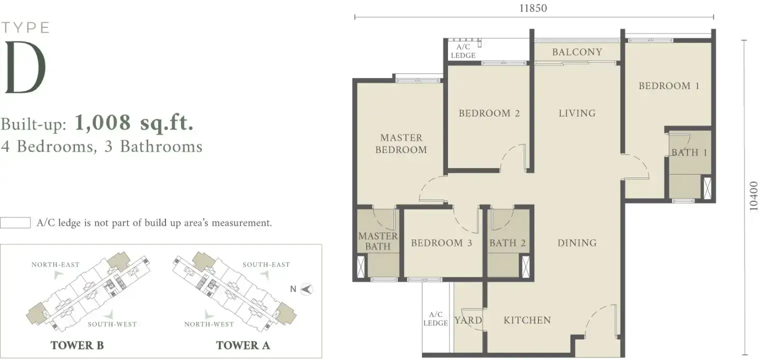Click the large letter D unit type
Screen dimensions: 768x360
(x=25, y=67)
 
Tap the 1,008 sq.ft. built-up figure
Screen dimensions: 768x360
(x=134, y=122)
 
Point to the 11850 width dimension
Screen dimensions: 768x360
(x=533, y=8)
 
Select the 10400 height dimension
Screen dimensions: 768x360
(x=753, y=196)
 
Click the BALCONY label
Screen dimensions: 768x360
(x=577, y=52)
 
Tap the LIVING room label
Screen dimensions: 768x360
(x=577, y=113)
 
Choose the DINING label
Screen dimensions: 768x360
(x=577, y=243)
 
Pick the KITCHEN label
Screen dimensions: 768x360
(x=527, y=320)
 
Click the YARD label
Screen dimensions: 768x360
(x=468, y=320)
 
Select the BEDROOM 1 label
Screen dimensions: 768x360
(x=669, y=85)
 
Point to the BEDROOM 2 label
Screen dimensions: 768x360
(x=489, y=113)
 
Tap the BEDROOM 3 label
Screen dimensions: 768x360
(x=441, y=243)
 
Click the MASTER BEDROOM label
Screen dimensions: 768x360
(x=401, y=143)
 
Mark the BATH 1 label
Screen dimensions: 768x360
(x=689, y=152)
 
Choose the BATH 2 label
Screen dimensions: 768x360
(x=507, y=243)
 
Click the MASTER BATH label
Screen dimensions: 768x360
(x=378, y=241)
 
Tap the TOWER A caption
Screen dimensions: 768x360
(x=242, y=345)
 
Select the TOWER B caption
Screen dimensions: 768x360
(x=77, y=345)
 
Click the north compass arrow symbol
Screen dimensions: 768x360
(x=306, y=289)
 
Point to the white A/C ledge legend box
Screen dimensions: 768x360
(x=15, y=223)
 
